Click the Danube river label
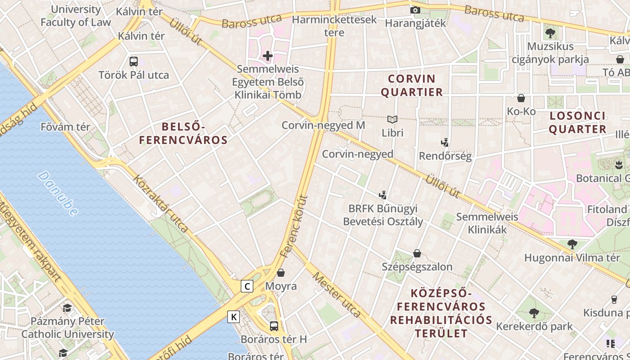58,193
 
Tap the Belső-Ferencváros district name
183,134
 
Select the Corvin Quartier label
412,85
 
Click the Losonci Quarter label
578,122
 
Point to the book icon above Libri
392,119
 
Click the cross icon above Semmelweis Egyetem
268,56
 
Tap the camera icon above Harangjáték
415,10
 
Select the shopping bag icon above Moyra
281,272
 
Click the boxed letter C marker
247,286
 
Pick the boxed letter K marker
234,317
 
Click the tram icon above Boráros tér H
274,326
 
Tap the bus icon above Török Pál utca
134,62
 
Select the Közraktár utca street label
160,203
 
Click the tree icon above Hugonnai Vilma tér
572,244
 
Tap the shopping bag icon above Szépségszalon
417,253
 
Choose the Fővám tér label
65,127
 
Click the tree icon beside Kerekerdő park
534,313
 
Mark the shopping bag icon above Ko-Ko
521,98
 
